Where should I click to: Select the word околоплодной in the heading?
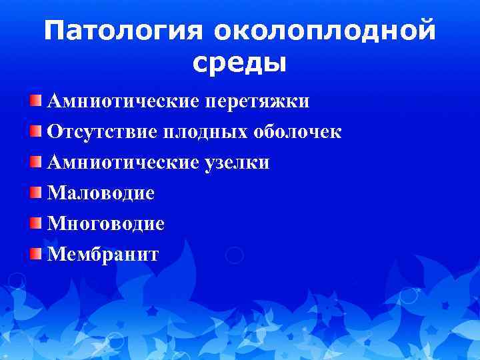click(325, 32)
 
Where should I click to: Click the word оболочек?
click(297, 132)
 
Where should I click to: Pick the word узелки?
click(237, 163)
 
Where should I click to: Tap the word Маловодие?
click(101, 193)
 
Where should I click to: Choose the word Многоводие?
click(105, 223)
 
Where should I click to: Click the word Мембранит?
click(103, 254)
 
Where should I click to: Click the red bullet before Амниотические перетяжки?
click(37, 101)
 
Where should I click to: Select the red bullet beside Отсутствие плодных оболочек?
click(37, 131)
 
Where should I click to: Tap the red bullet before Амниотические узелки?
click(37, 162)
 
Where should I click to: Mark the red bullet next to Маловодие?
click(37, 193)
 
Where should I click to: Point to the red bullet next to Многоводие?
click(37, 223)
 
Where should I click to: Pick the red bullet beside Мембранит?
click(37, 253)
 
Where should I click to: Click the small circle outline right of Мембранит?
click(234, 255)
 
